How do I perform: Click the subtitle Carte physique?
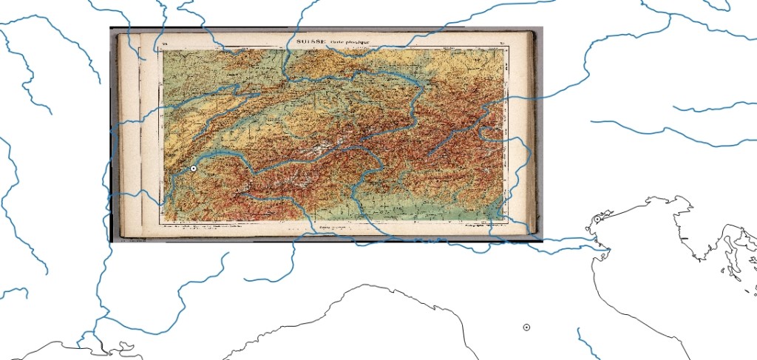click(346, 43)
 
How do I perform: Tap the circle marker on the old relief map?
click(193, 169)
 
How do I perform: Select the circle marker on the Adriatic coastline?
click(597, 220)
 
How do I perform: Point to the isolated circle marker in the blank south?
click(526, 327)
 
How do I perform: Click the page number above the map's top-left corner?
click(164, 46)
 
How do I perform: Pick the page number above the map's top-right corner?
click(502, 44)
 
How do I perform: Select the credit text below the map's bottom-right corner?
click(481, 225)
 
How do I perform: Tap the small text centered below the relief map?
click(334, 225)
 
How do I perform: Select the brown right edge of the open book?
click(537, 133)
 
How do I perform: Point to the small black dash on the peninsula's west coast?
click(685, 237)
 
